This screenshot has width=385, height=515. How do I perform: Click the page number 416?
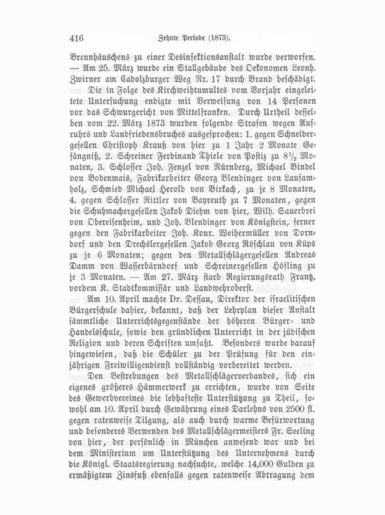pyautogui.click(x=77, y=38)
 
